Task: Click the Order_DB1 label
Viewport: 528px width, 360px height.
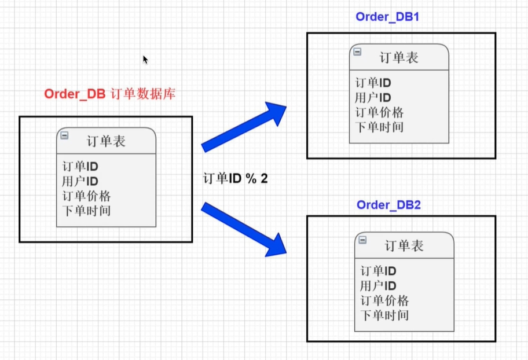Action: pos(387,16)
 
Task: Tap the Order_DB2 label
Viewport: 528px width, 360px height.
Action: pos(388,205)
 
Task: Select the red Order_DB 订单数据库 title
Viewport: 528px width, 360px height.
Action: pos(109,94)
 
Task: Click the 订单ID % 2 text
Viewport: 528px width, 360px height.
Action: pos(235,178)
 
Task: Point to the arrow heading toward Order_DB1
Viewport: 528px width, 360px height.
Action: pos(244,127)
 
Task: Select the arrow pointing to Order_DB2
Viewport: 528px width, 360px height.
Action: pos(244,228)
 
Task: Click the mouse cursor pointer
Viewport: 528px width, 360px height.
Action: pos(145,60)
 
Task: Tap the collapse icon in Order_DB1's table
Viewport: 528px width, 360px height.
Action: pos(357,52)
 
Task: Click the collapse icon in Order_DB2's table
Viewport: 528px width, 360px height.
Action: pos(362,240)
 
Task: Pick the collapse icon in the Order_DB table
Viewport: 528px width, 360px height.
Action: pos(64,135)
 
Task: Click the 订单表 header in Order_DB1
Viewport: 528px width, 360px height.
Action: pos(399,58)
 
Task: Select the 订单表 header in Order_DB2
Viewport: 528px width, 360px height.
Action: pos(404,246)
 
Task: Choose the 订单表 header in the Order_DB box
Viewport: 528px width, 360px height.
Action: pos(106,141)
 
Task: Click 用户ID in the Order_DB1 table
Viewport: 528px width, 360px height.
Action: pos(373,98)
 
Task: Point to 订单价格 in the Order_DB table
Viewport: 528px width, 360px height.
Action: pos(86,196)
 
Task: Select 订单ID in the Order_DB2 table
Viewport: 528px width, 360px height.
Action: pos(378,271)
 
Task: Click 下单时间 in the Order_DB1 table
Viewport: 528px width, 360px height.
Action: pos(379,127)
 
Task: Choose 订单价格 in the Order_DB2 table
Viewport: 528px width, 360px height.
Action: pos(384,301)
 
